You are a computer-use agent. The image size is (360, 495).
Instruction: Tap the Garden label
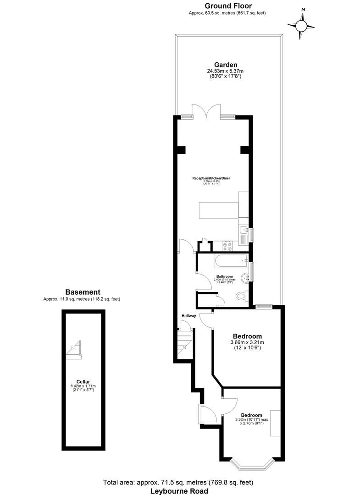point(225,65)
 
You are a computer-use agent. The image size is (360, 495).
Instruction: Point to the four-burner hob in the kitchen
point(227,245)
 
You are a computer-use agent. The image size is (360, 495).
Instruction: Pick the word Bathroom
point(225,277)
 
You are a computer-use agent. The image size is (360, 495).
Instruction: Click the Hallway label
point(189,316)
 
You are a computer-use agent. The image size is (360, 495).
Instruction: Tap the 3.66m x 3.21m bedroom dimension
point(247,342)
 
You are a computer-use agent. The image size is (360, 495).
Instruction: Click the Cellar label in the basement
point(83,381)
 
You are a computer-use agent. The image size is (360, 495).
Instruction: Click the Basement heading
point(83,292)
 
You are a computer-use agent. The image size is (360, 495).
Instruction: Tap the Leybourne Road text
point(180,490)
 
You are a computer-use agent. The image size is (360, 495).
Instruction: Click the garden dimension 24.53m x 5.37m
point(225,71)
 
